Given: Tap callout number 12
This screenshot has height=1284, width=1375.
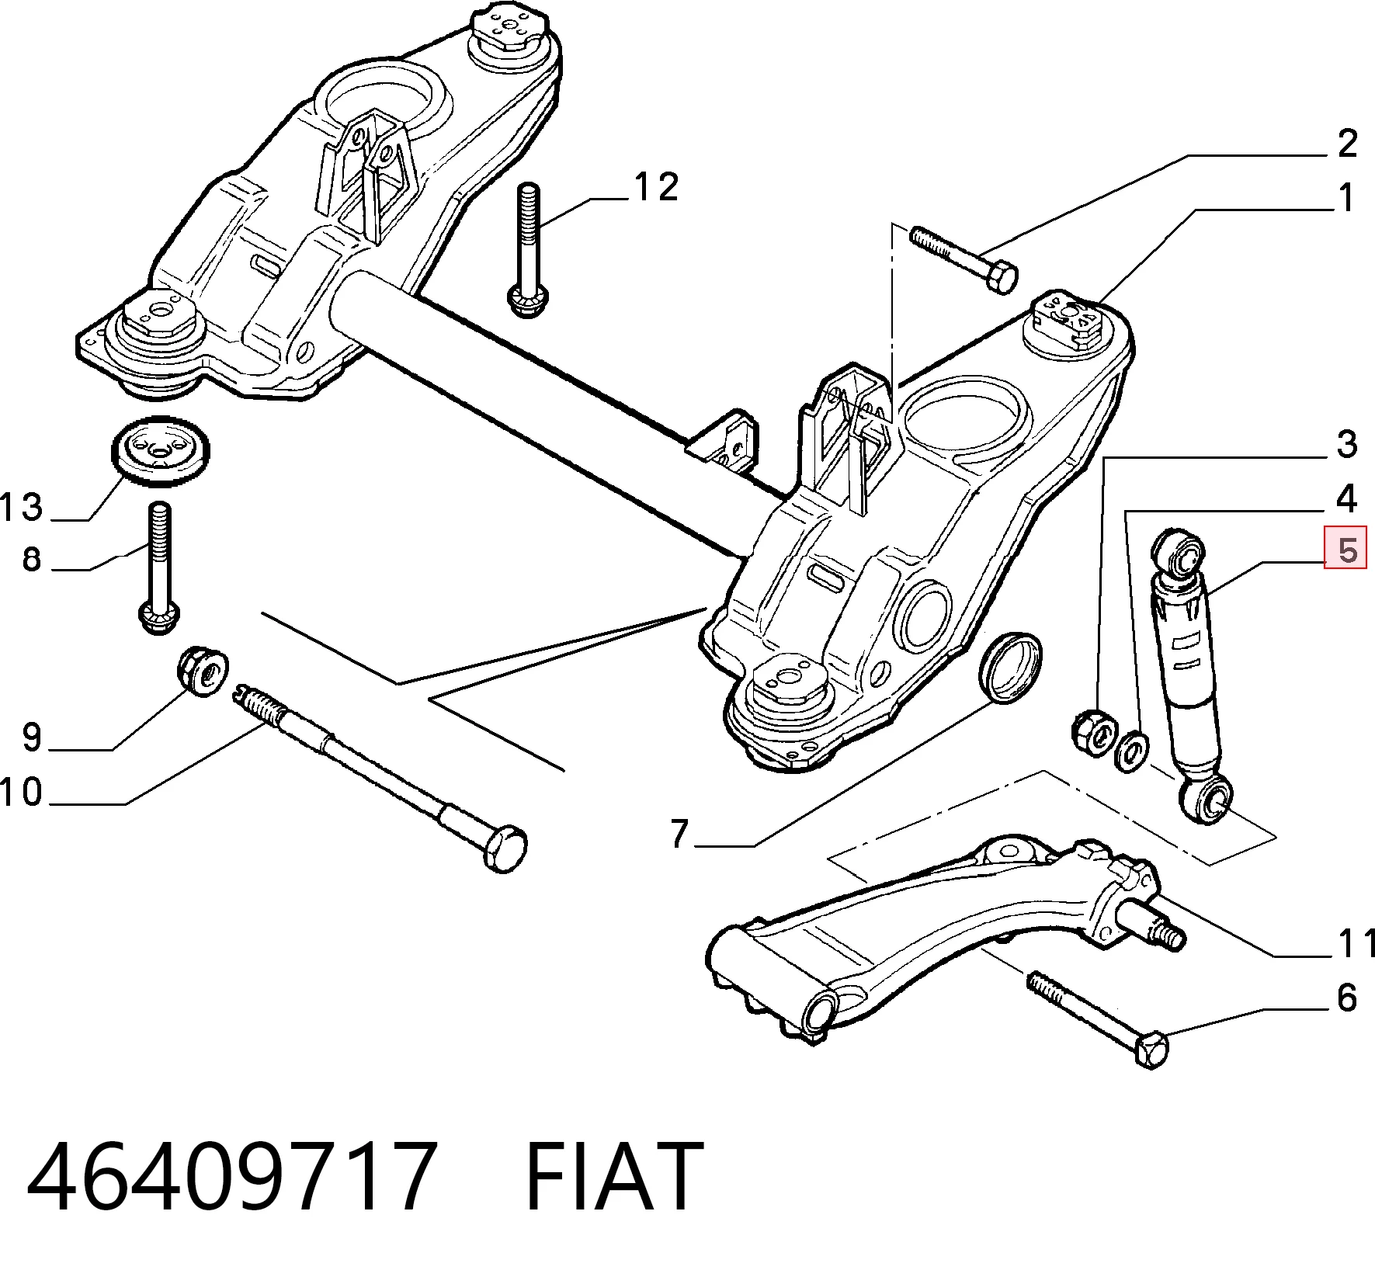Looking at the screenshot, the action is (656, 187).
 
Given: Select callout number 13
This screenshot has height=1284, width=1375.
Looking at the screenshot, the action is (21, 508).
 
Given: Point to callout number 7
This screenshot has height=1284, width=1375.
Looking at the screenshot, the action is (679, 833).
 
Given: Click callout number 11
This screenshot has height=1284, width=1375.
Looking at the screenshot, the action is (1356, 943).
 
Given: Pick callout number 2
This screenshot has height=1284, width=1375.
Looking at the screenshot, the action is (1347, 144).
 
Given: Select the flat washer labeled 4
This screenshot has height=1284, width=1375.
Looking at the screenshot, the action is (1130, 751).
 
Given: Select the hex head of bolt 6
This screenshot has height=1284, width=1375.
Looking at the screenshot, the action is (1151, 1050).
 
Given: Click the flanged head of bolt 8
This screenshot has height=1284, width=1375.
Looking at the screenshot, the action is (159, 616).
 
